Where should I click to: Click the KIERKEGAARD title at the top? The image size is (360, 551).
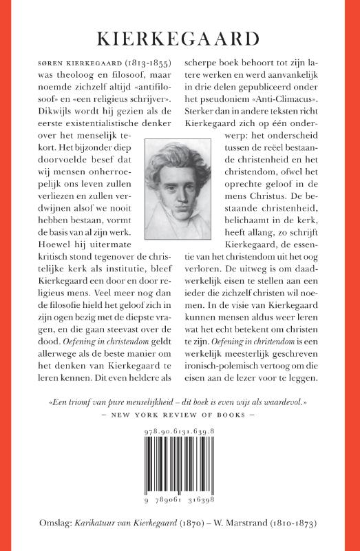pos(180,37)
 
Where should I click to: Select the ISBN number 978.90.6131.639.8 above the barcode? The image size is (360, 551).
pos(180,448)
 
